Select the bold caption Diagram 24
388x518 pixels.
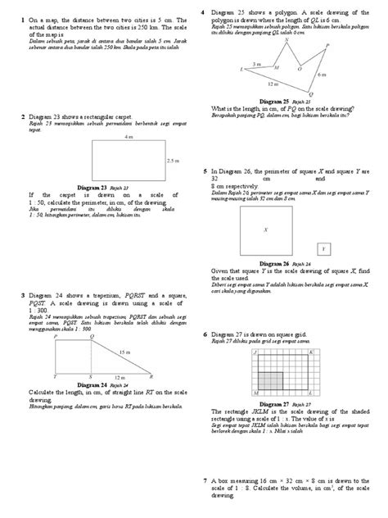92,384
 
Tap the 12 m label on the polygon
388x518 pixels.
273,85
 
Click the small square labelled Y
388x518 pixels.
323,248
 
